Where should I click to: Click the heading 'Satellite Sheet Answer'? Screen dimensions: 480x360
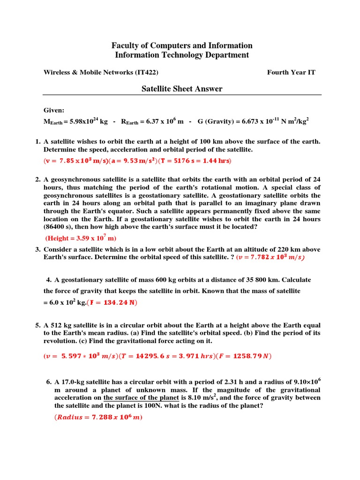point(182,89)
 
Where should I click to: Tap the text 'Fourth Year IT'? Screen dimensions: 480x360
point(291,72)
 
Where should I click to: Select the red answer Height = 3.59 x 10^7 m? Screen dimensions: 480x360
point(80,238)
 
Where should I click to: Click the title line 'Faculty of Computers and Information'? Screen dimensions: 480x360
point(182,45)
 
